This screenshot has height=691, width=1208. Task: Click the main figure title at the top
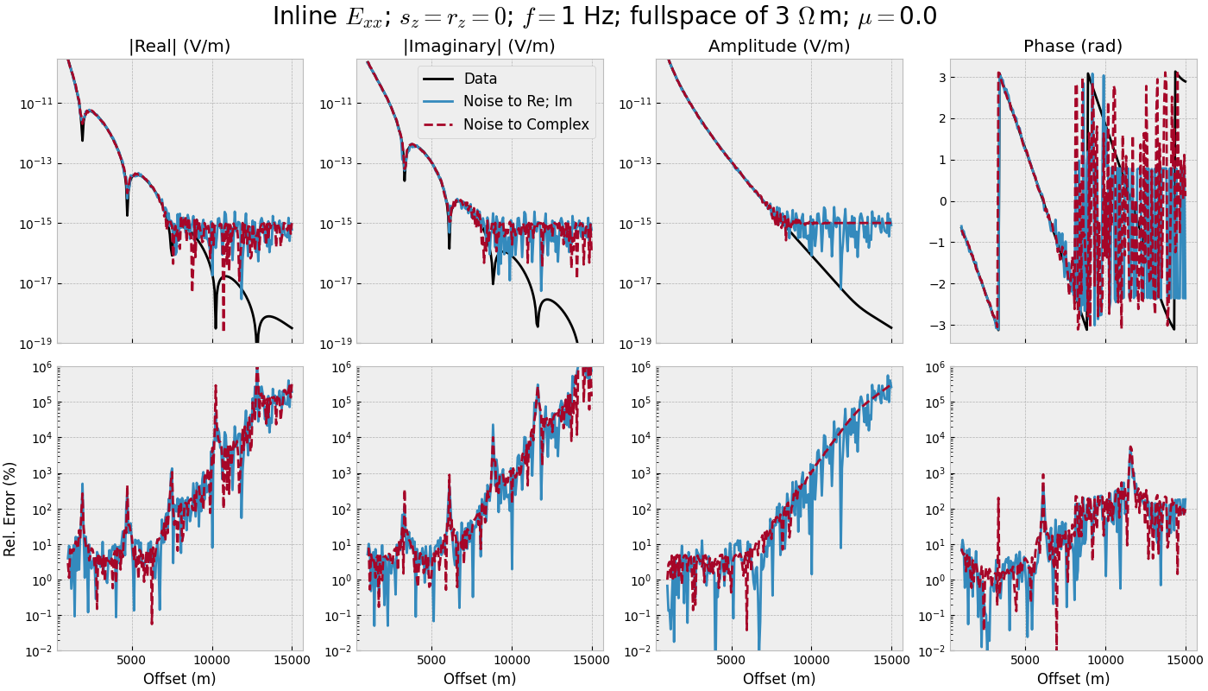coord(604,17)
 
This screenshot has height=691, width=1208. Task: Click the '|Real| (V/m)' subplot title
coord(179,47)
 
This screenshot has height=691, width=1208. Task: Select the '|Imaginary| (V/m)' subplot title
coord(479,47)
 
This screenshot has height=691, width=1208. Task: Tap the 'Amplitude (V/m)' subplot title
coord(778,47)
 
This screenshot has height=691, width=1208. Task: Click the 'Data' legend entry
coord(480,79)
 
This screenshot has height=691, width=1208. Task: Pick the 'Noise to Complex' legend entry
coord(525,124)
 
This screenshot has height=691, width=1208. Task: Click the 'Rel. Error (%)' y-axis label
coord(10,509)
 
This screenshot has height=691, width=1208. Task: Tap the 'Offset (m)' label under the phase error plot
coord(1073,679)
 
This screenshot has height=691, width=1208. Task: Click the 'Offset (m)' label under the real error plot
coord(179,679)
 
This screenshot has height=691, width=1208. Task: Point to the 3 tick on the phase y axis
coord(941,78)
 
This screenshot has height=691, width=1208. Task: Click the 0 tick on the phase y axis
coord(941,201)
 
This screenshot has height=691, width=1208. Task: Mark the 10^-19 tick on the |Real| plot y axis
coord(36,344)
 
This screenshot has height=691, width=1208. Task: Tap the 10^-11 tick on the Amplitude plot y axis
coord(635,104)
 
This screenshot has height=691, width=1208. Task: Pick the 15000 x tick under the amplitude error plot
coord(891,661)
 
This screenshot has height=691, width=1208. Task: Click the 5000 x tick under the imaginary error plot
coord(431,661)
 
